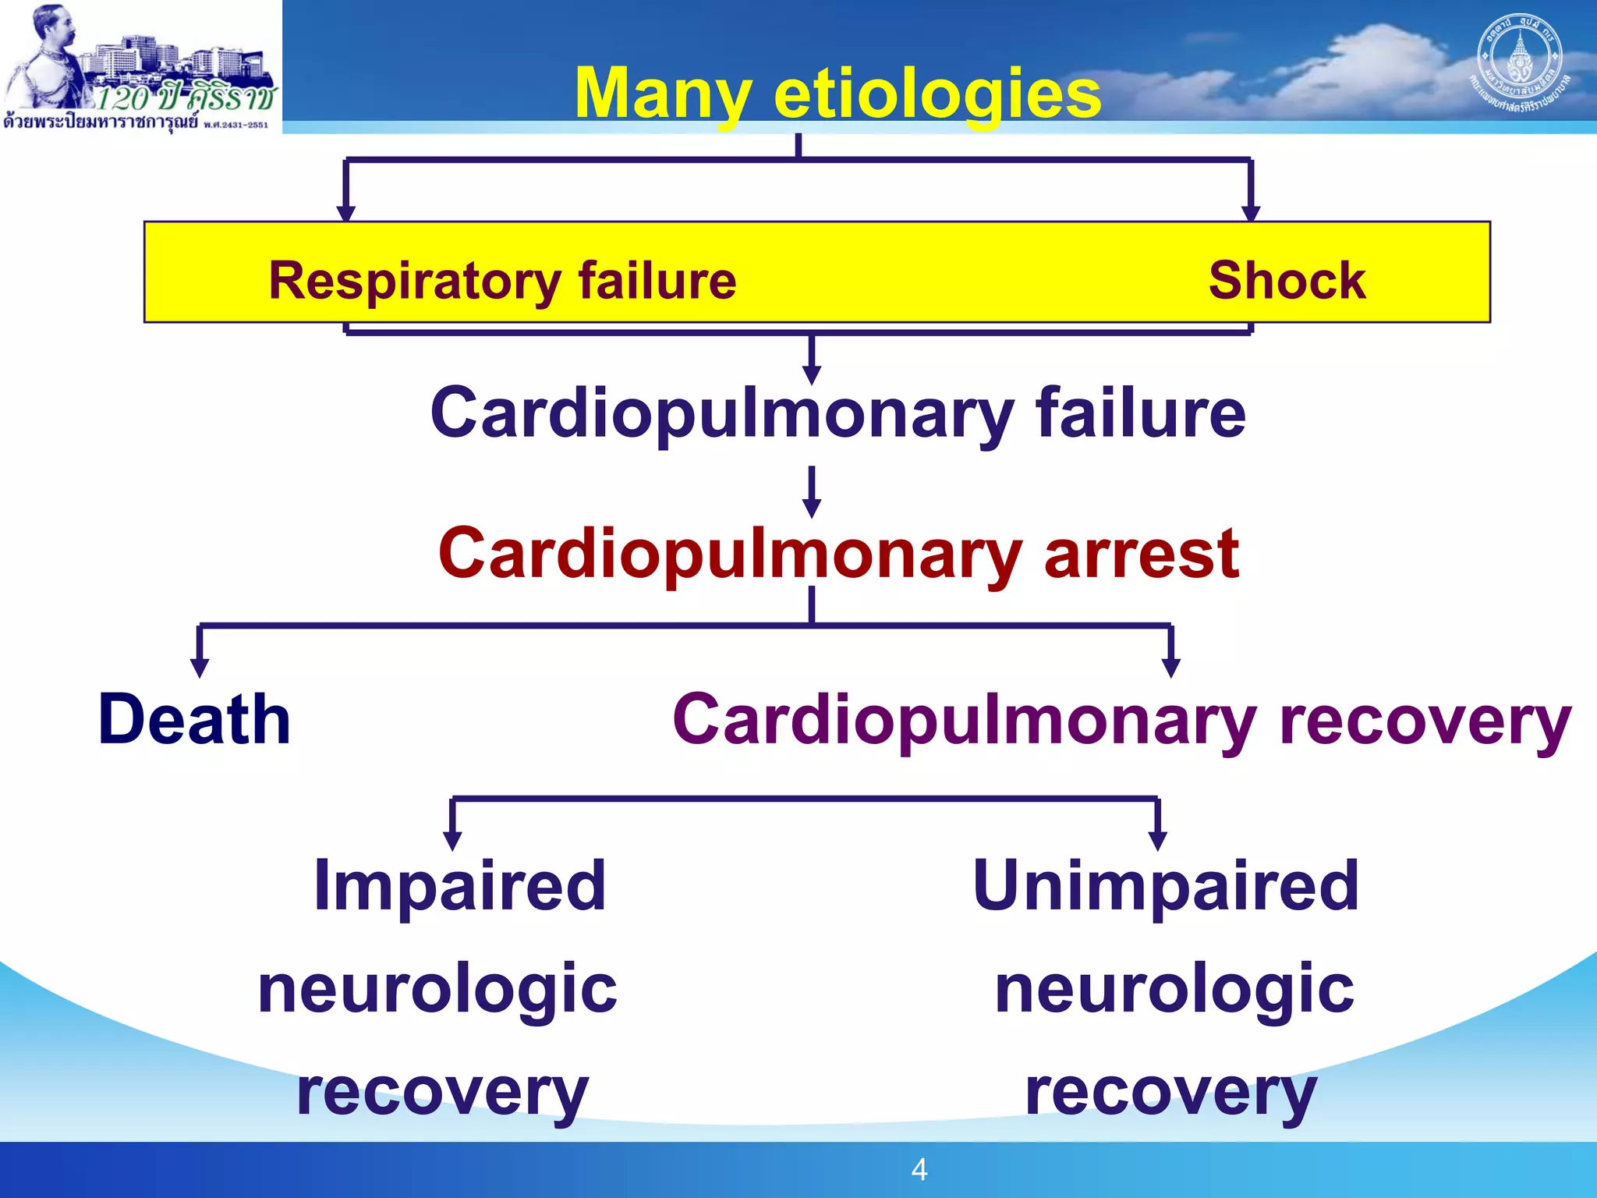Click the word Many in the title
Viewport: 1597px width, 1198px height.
coord(662,94)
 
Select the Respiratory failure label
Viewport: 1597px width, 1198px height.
coord(502,281)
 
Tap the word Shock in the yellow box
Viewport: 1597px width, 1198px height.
coord(1287,281)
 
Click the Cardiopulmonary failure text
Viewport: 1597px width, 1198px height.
coord(837,413)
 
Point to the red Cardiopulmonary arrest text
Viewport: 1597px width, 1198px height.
coord(838,554)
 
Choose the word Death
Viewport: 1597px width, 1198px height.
coord(194,719)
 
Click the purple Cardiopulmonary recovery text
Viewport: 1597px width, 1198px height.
coord(1121,721)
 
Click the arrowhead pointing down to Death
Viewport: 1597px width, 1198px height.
coord(200,668)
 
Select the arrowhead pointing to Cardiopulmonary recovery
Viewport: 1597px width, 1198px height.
coord(1170,668)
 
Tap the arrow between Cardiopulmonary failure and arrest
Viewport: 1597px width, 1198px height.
coord(812,493)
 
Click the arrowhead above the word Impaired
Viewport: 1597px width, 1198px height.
coord(452,841)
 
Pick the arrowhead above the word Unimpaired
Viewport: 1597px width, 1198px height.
coord(1158,841)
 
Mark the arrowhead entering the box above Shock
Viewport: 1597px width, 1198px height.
coord(1251,212)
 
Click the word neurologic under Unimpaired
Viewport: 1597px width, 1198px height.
coord(1174,989)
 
